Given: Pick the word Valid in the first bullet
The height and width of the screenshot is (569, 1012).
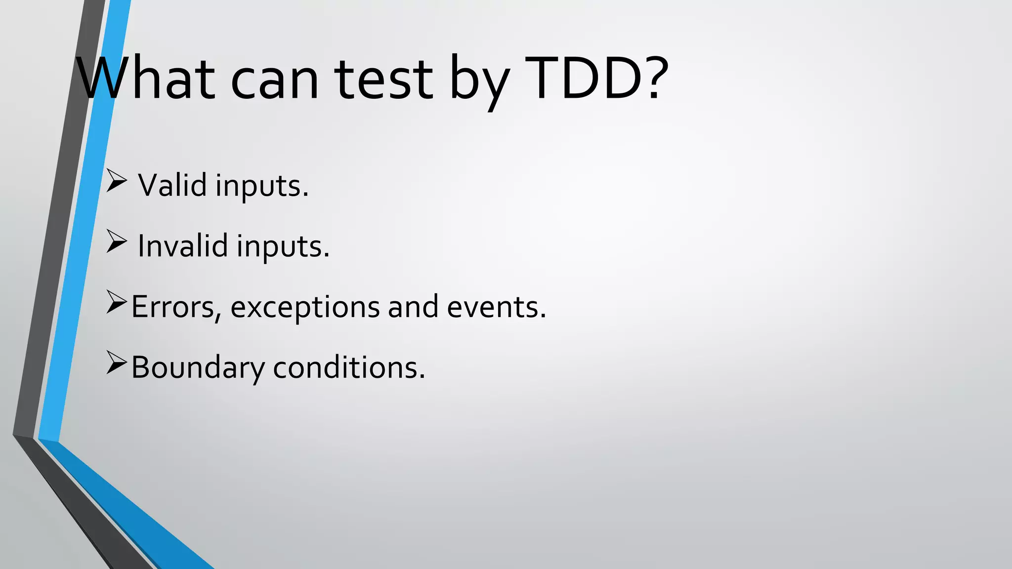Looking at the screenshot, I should [172, 185].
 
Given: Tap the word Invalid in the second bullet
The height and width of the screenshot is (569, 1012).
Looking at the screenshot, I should [182, 246].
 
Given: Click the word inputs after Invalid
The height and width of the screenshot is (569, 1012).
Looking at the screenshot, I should [283, 247].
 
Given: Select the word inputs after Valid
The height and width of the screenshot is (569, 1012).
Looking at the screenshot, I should [262, 186].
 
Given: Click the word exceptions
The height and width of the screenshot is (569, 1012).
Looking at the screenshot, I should [304, 308].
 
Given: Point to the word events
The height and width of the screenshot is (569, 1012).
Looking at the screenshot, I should [496, 307].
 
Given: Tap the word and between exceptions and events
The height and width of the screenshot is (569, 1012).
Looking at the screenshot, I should [413, 307].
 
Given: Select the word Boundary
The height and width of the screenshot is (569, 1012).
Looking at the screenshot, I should [198, 368].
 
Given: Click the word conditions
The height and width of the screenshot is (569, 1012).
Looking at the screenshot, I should [349, 368].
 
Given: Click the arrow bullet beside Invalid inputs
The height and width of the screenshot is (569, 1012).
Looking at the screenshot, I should [117, 242].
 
